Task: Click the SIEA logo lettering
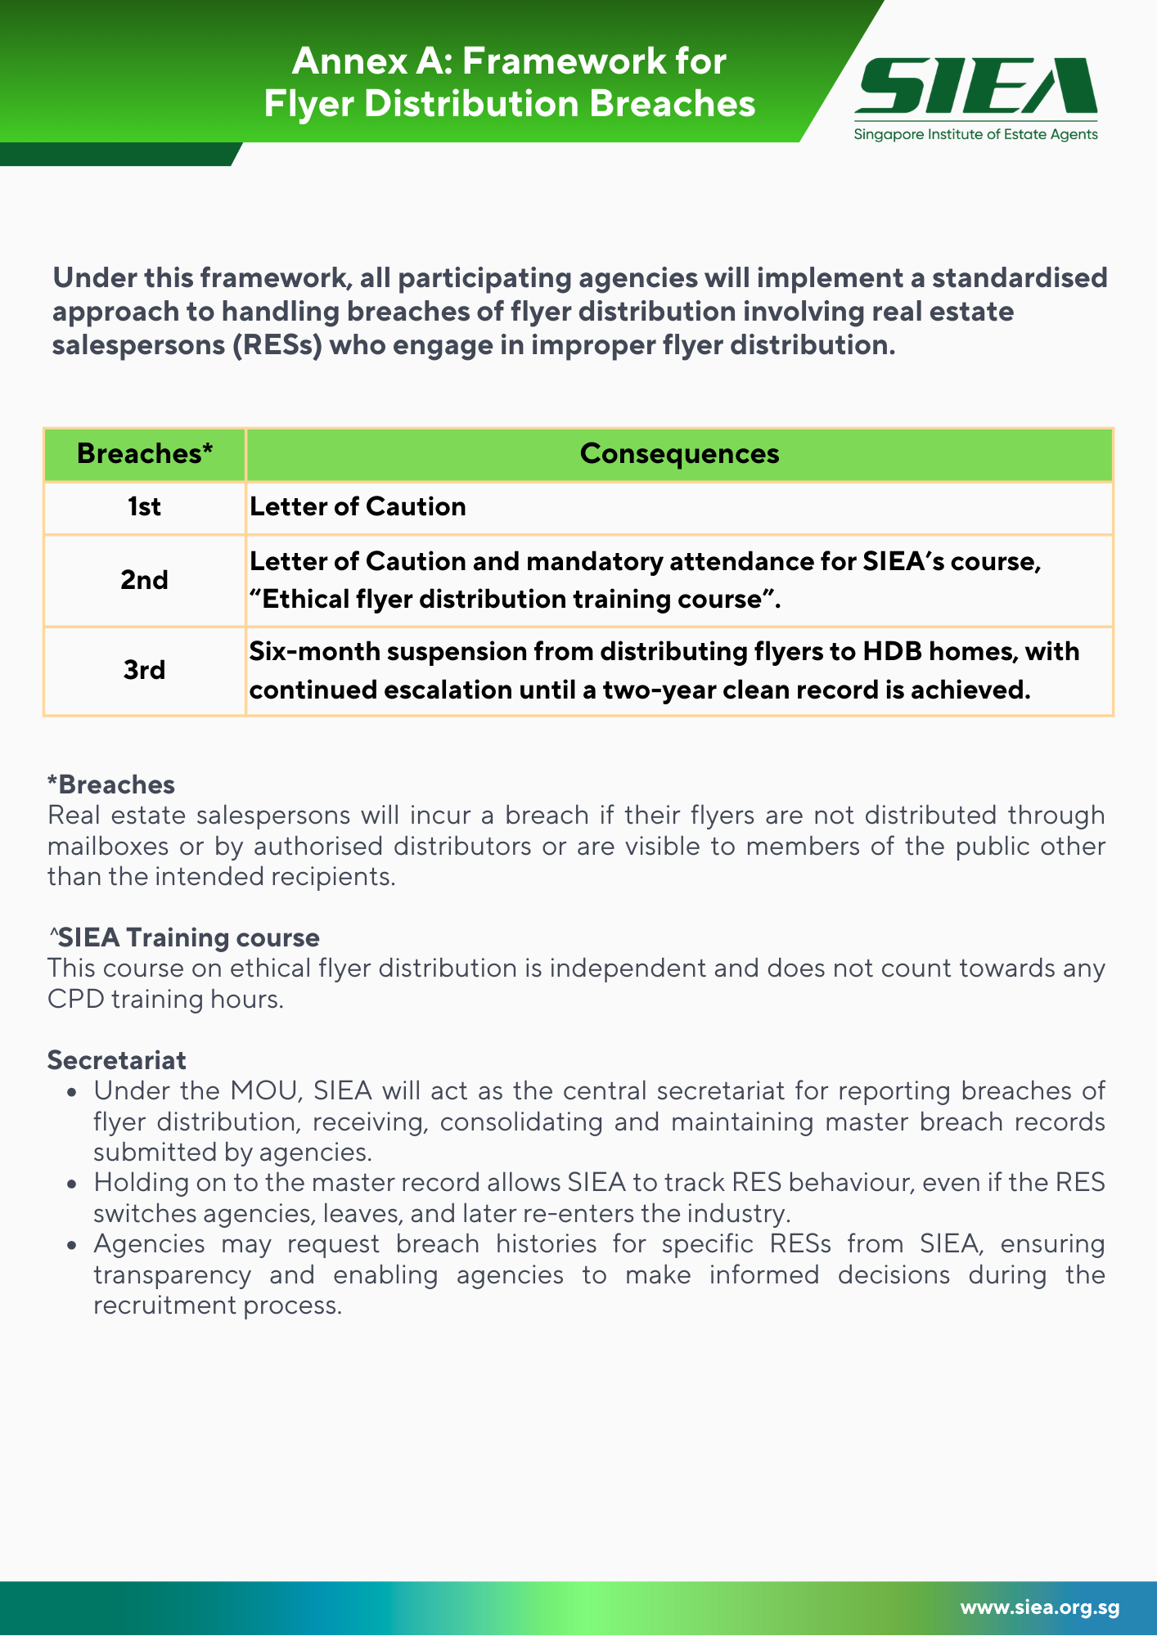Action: tap(975, 85)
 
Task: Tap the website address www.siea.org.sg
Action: tap(1039, 1607)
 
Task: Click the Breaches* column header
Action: tap(145, 454)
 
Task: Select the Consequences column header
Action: tap(679, 454)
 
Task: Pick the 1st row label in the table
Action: tap(144, 507)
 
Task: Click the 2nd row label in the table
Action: tap(144, 580)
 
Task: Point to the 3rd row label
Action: tap(144, 670)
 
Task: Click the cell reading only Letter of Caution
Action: tap(358, 507)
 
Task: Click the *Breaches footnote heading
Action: tap(111, 784)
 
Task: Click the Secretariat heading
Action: tap(117, 1060)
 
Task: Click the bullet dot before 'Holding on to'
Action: tap(74, 1184)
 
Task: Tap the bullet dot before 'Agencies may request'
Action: tap(74, 1245)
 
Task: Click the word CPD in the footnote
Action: tap(74, 1000)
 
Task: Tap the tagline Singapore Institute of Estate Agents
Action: tap(975, 134)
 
